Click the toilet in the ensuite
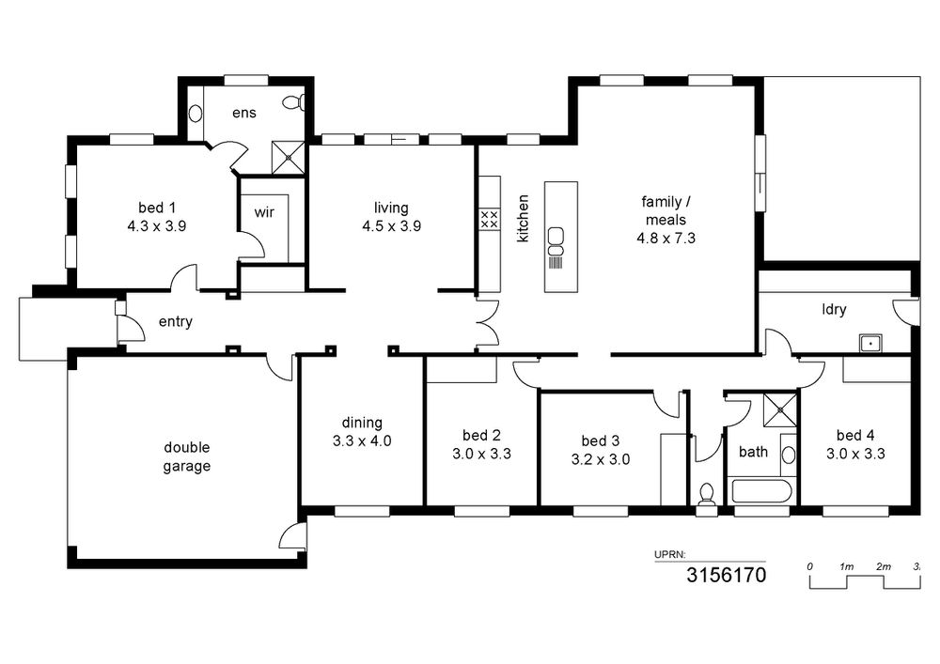(294, 102)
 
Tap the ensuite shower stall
(289, 158)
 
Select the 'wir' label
(264, 212)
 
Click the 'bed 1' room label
(157, 208)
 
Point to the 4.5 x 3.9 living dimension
(391, 226)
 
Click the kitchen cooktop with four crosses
(489, 219)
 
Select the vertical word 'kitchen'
(523, 218)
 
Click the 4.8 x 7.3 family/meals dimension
(666, 239)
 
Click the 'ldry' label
(834, 310)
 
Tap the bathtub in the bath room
(760, 491)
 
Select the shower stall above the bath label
(780, 410)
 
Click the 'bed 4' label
(855, 435)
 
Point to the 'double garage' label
(187, 456)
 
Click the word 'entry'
(176, 322)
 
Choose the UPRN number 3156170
(726, 576)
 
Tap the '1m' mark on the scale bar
(847, 566)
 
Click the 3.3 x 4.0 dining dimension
(362, 441)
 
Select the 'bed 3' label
(600, 441)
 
